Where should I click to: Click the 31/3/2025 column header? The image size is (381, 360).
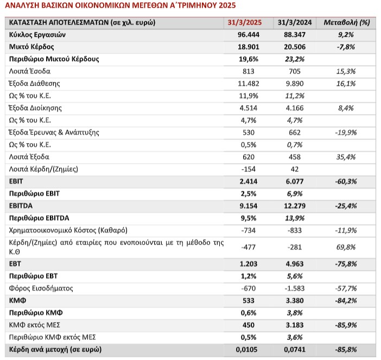coord(244,23)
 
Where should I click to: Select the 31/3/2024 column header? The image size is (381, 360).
coord(295,23)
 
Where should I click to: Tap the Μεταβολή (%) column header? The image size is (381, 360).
coord(347,23)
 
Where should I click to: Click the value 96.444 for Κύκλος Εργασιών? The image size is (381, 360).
coord(249,35)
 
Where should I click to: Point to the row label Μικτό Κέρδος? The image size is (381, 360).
coord(31,47)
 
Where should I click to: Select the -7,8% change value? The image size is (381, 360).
coord(346,47)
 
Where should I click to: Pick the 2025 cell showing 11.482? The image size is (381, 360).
coord(249,83)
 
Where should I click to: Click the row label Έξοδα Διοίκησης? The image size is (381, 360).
coord(35,108)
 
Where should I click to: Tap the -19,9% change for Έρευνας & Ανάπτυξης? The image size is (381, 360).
coord(346,132)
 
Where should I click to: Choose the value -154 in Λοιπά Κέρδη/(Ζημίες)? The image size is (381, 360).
coord(249,169)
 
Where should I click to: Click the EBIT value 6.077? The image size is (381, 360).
coord(295,181)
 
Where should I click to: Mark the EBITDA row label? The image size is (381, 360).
coord(21,206)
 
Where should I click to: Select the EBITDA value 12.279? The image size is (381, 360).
coord(295,206)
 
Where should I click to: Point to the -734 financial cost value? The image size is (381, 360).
coord(249,230)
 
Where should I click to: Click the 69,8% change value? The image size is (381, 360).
coord(346,247)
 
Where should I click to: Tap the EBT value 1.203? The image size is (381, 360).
coord(249,264)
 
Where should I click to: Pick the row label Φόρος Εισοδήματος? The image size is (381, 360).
coord(41,288)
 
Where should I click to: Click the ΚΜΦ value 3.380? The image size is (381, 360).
coord(295,301)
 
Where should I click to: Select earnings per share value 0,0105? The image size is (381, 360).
coord(246,350)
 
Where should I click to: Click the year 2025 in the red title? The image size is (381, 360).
coord(227,5)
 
